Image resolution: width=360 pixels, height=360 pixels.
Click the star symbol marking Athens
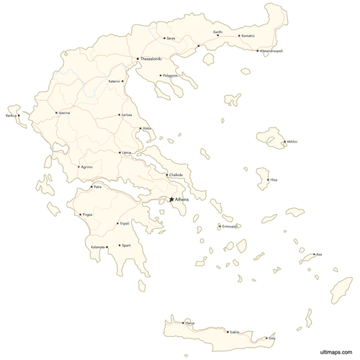[x=171, y=199]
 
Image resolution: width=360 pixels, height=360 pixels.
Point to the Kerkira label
[x=12, y=114]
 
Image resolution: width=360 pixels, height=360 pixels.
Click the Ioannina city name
[x=64, y=113]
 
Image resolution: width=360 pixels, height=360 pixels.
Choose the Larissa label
[x=127, y=114]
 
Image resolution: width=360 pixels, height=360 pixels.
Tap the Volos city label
[x=148, y=129]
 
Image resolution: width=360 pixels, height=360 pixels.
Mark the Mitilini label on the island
[x=292, y=142]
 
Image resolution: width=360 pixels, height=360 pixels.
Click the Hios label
[x=274, y=179]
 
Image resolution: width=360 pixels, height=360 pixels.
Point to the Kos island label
[x=319, y=254]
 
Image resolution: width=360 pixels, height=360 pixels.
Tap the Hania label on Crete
[x=190, y=323]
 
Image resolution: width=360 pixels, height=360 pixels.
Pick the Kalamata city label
[x=98, y=247]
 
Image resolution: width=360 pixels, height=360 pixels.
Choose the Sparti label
[x=126, y=245]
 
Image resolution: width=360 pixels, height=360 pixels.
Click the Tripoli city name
[x=125, y=223]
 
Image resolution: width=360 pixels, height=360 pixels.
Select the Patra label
[x=97, y=187]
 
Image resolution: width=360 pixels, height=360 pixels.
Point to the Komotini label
[x=248, y=35]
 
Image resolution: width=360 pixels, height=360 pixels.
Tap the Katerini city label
[x=114, y=81]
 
